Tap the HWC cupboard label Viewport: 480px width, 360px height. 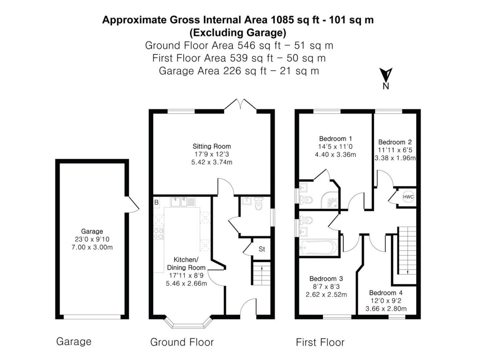click(x=408, y=197)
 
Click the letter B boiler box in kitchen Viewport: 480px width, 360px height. click(x=156, y=202)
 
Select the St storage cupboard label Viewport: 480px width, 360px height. click(x=262, y=249)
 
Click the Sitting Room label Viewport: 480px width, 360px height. click(x=212, y=146)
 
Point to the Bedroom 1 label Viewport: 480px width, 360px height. click(x=335, y=139)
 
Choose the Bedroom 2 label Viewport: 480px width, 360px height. click(x=395, y=142)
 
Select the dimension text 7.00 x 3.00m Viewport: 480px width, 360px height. click(x=91, y=247)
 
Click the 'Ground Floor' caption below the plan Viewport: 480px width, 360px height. click(x=182, y=342)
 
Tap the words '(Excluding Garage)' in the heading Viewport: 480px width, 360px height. click(x=238, y=32)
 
